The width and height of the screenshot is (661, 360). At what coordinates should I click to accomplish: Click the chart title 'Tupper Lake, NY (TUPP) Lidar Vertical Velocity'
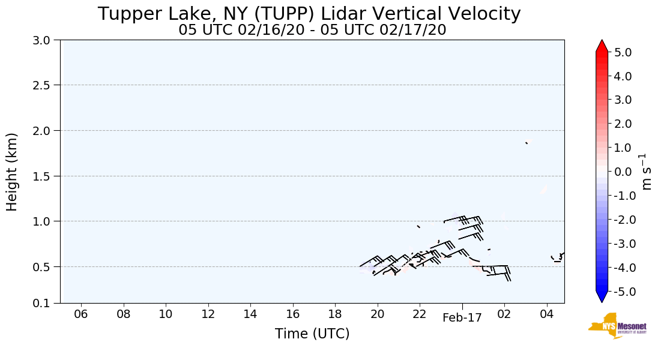click(x=309, y=14)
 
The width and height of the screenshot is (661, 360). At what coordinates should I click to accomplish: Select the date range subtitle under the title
click(x=312, y=30)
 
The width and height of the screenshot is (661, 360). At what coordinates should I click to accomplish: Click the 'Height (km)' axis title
click(x=13, y=172)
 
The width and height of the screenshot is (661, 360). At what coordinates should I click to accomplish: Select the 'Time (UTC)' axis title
click(x=312, y=334)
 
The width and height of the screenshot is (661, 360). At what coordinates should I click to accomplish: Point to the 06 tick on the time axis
click(x=81, y=314)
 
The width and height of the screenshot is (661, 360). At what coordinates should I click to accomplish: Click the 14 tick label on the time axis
click(x=250, y=314)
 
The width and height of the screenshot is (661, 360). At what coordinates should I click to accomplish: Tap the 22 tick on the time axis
click(x=420, y=314)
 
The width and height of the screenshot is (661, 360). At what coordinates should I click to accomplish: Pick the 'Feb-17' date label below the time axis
click(x=462, y=319)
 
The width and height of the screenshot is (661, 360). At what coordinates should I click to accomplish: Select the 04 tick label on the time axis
click(x=546, y=314)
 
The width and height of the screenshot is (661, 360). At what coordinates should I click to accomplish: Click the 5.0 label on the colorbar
click(x=623, y=52)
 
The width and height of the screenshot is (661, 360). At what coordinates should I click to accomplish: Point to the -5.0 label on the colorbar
click(x=621, y=292)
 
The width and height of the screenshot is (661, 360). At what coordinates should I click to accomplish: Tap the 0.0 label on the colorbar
click(x=623, y=172)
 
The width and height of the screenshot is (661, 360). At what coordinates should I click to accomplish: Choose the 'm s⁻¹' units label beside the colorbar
click(x=647, y=172)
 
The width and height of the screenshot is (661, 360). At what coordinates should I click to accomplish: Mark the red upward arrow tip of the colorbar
click(x=602, y=44)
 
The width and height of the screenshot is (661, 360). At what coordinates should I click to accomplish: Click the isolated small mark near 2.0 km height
click(x=527, y=143)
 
